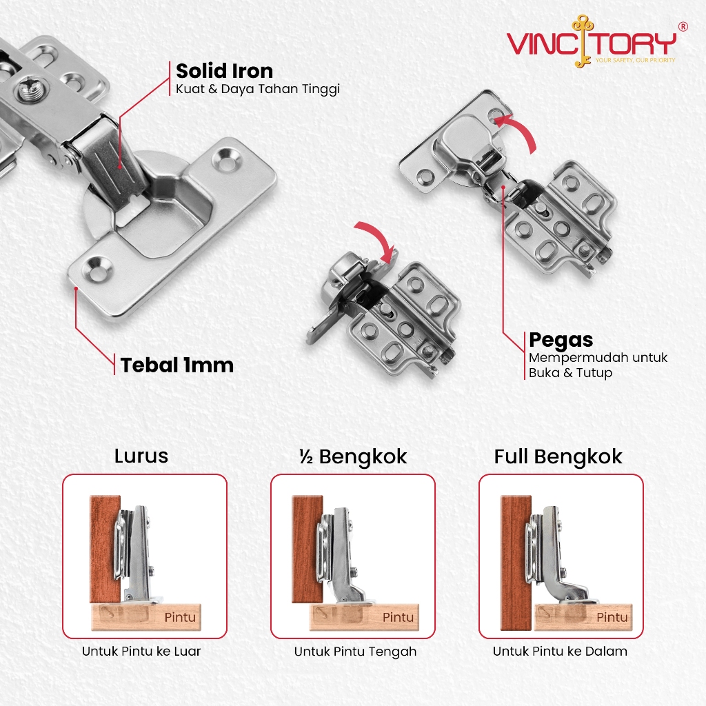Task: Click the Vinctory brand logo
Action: click(x=592, y=43)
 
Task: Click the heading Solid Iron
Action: click(x=224, y=71)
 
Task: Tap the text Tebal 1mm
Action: click(x=177, y=365)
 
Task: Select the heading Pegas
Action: click(x=561, y=340)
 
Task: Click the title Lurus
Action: click(x=141, y=456)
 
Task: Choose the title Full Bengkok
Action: click(x=558, y=456)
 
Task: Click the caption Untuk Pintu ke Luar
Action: click(x=141, y=651)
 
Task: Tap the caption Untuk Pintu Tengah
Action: click(x=355, y=652)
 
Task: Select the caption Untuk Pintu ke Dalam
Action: click(x=560, y=651)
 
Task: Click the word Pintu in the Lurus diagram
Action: click(x=180, y=617)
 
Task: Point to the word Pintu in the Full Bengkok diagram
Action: click(x=612, y=617)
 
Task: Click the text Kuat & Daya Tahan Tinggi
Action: click(x=258, y=90)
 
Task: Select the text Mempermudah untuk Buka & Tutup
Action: click(x=598, y=365)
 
